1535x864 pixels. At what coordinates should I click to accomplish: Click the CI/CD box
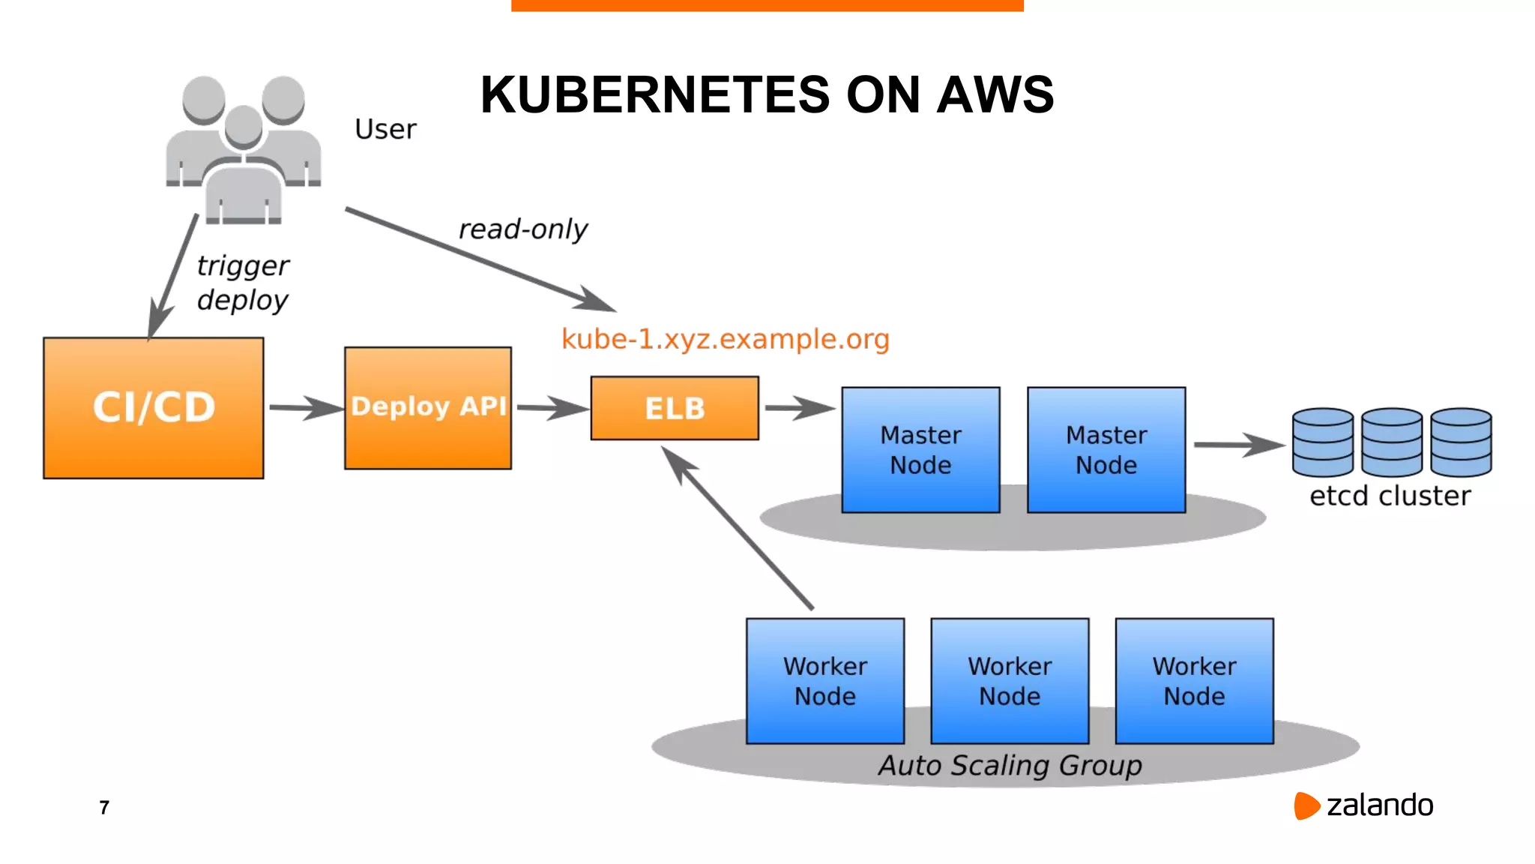pyautogui.click(x=154, y=407)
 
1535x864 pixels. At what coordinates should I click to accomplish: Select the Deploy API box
pyautogui.click(x=428, y=407)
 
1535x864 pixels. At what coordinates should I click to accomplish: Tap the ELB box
pyautogui.click(x=675, y=408)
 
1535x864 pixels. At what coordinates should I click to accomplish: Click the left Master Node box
pyautogui.click(x=920, y=450)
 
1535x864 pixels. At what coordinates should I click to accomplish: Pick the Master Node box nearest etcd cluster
pyautogui.click(x=1106, y=450)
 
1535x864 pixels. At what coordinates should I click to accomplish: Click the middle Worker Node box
pyautogui.click(x=1010, y=681)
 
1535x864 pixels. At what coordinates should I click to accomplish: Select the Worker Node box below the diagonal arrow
pyautogui.click(x=825, y=681)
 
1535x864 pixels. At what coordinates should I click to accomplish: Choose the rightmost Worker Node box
pyautogui.click(x=1194, y=681)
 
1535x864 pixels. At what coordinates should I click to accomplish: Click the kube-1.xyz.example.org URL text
pyautogui.click(x=726, y=339)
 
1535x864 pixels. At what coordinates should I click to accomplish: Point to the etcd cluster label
pyautogui.click(x=1390, y=496)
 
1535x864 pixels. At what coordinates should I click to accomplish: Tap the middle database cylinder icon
pyautogui.click(x=1392, y=442)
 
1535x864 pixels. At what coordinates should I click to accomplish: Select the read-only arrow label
pyautogui.click(x=523, y=229)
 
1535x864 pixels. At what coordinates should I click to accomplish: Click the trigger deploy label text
pyautogui.click(x=242, y=283)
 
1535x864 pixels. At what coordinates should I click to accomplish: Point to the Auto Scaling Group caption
pyautogui.click(x=1010, y=765)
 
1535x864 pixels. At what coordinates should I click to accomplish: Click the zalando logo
pyautogui.click(x=1364, y=805)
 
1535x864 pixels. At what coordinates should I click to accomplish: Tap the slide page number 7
pyautogui.click(x=104, y=807)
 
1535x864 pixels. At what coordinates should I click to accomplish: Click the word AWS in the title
pyautogui.click(x=995, y=95)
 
